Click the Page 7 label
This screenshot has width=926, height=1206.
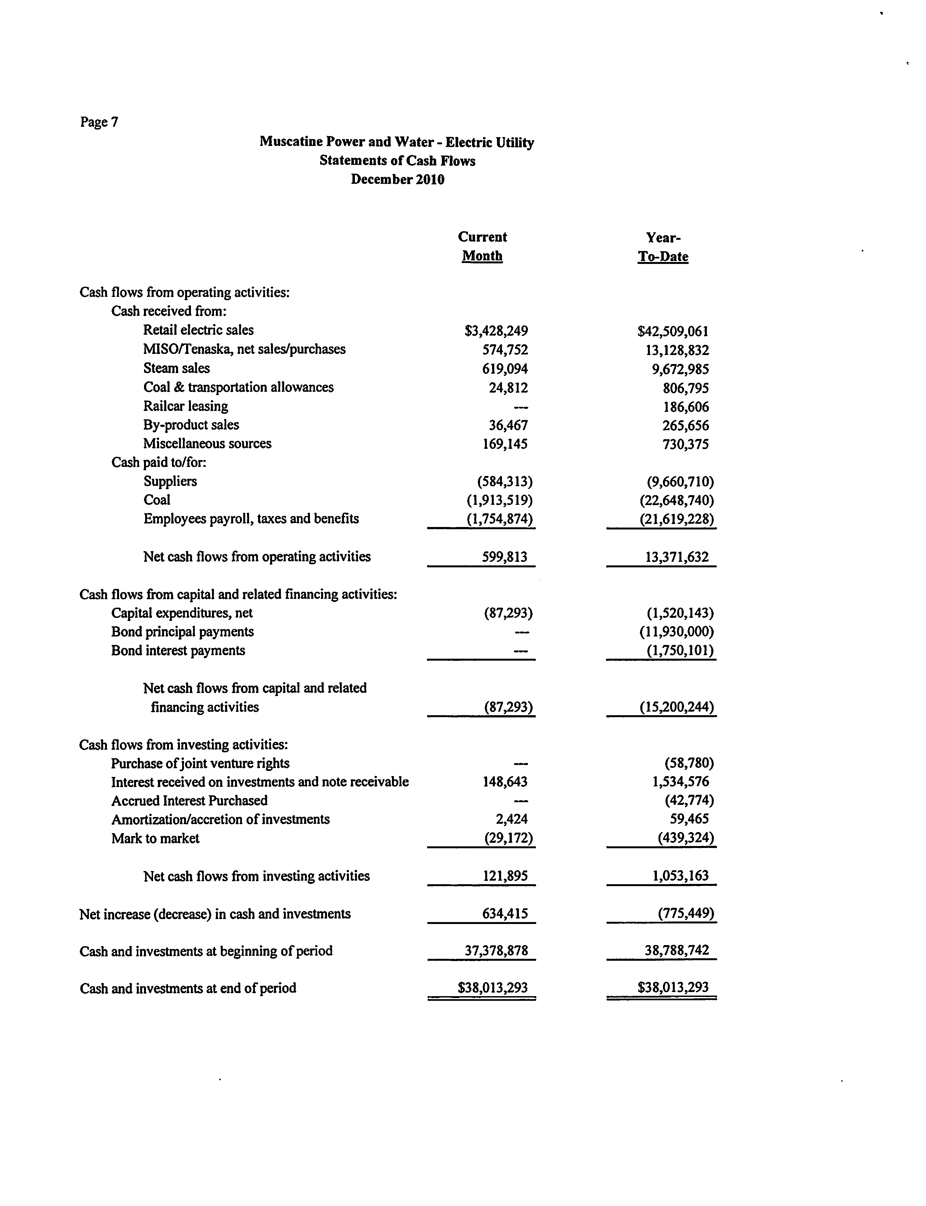click(99, 122)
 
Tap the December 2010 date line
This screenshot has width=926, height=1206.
click(397, 180)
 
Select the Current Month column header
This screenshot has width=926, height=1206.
click(482, 246)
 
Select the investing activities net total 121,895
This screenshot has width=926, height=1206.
click(505, 876)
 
